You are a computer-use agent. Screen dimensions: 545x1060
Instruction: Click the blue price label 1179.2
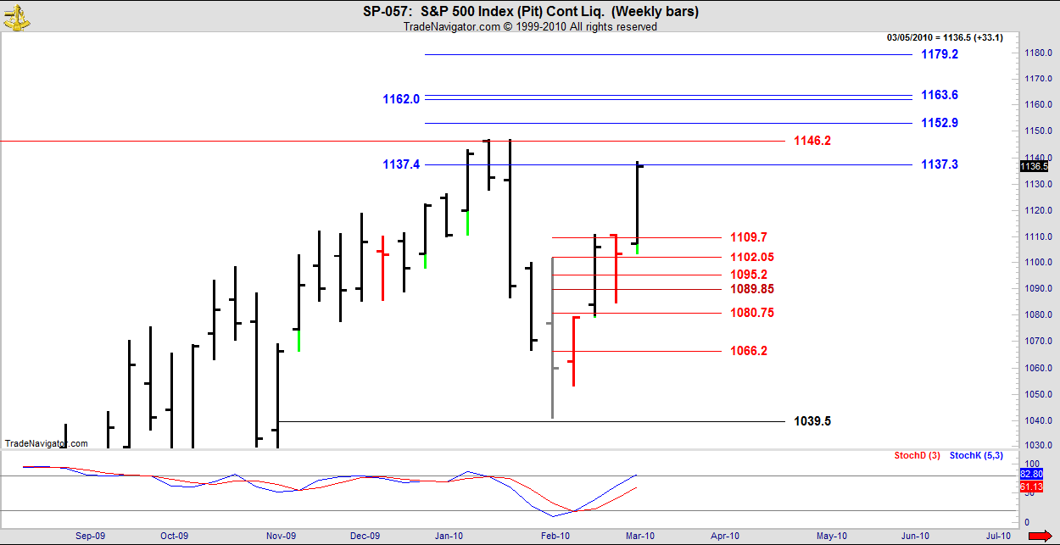coord(940,54)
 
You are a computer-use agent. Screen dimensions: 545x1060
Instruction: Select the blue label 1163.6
coord(940,95)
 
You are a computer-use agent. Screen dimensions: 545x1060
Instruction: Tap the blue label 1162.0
coord(401,99)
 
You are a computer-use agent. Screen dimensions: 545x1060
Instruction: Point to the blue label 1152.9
coord(940,123)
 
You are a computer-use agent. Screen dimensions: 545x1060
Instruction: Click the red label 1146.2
coord(812,141)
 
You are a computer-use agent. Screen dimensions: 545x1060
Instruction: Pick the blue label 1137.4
coord(401,164)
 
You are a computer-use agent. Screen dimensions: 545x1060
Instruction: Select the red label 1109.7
coord(749,237)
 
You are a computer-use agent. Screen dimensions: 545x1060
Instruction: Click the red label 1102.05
coord(752,257)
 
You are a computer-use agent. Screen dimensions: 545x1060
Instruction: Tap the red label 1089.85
coord(752,289)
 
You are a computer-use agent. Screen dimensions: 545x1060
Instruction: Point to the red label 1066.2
coord(749,351)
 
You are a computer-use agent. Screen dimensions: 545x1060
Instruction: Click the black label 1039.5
coord(812,421)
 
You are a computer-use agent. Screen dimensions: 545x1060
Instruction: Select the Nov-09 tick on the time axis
coord(281,536)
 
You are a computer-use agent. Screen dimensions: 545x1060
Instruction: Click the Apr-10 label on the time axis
coord(725,536)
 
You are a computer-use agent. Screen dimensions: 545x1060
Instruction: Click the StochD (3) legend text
coord(917,456)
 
